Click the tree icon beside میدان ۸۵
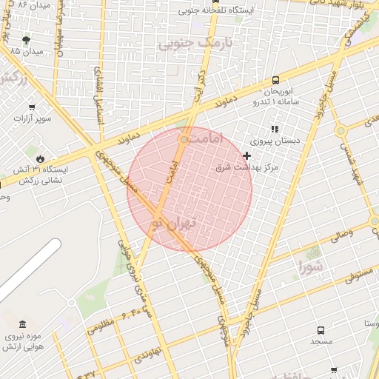tap(27, 40)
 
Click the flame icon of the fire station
tap(39, 158)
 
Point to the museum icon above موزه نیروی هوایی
tap(22, 325)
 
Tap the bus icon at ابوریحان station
tap(276, 80)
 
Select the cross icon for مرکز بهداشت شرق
tap(246, 155)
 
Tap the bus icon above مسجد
tap(321, 331)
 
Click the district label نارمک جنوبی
tap(195, 44)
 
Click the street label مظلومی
tap(101, 326)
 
